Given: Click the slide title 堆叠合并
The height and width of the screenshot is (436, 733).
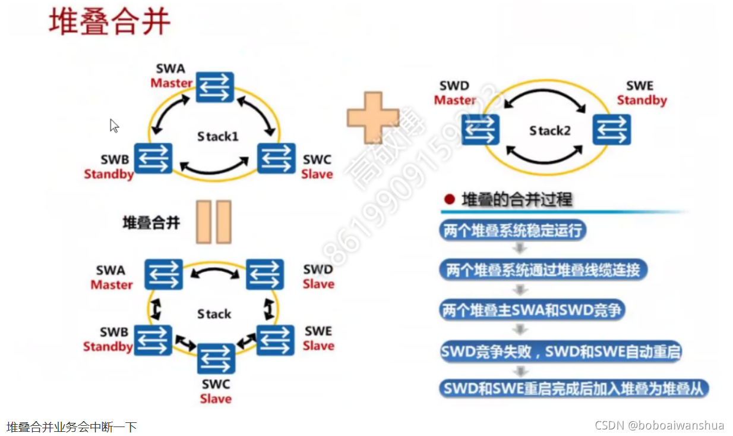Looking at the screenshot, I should [109, 22].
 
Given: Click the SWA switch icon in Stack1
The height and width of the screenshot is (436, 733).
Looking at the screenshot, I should [215, 87].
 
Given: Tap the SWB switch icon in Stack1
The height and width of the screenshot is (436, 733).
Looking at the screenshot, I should [153, 158].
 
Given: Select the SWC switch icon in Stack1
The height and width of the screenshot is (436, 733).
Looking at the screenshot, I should [276, 158].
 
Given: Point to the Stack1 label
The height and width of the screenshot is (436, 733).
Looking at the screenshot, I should [218, 137].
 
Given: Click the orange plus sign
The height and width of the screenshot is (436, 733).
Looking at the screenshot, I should [372, 118].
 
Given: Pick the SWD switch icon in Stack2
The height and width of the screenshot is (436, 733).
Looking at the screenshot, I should [480, 130].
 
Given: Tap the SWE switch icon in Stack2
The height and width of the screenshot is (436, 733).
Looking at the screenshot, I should [611, 130].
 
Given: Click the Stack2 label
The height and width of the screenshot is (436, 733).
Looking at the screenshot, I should [550, 130].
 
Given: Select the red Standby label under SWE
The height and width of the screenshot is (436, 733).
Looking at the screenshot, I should [642, 101].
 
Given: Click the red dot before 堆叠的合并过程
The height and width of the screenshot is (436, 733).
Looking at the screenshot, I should [449, 200].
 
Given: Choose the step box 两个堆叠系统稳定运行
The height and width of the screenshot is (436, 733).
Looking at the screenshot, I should [513, 230].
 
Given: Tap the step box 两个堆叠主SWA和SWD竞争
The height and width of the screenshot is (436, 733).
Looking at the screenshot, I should [532, 310].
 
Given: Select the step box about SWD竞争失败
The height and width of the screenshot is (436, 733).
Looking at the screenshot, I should [560, 351].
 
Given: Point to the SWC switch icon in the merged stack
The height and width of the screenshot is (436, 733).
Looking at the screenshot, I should [216, 359].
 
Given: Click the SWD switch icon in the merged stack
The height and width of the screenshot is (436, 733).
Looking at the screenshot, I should [265, 274].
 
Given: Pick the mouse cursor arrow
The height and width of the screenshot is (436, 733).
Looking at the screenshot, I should [114, 126].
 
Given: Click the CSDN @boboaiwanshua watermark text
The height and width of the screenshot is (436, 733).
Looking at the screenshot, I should [659, 425].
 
